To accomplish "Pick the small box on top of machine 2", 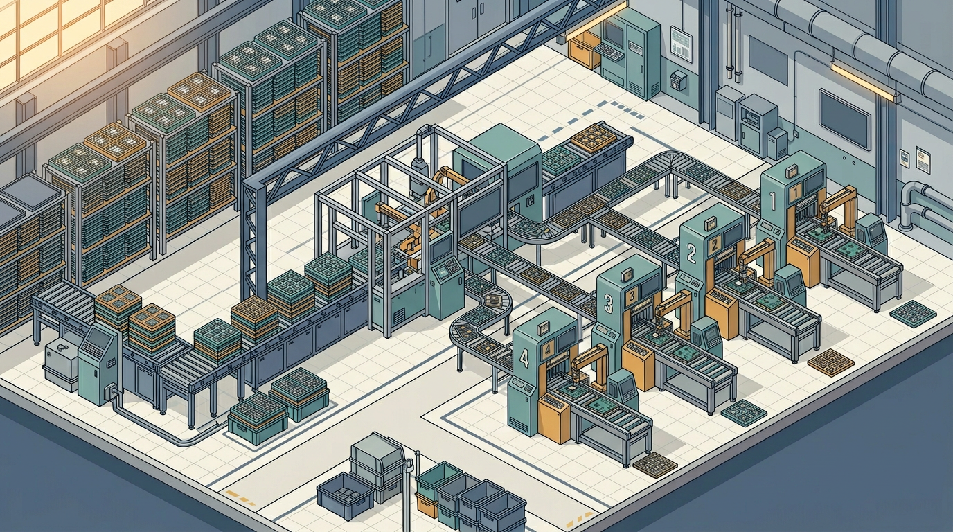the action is [x=709, y=224].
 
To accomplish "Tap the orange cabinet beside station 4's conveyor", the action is [x=554, y=420].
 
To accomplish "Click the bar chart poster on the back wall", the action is [x=681, y=42].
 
